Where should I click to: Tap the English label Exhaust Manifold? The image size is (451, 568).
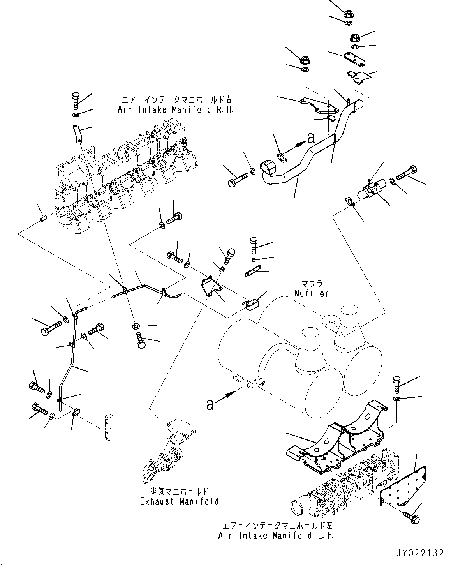pyautogui.click(x=179, y=501)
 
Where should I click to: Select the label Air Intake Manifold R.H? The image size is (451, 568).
pyautogui.click(x=176, y=110)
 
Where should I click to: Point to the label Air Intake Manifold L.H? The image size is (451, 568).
pyautogui.click(x=276, y=535)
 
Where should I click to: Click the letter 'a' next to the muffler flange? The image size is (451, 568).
pyautogui.click(x=210, y=405)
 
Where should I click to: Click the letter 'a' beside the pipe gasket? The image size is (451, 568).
pyautogui.click(x=310, y=138)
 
